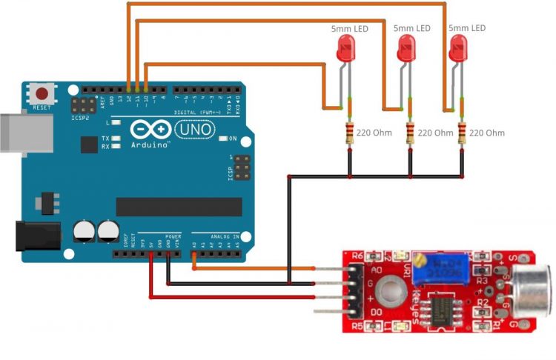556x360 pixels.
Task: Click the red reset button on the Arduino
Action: tap(43, 95)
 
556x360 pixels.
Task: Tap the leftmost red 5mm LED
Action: tap(345, 51)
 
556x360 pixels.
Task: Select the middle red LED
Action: tap(406, 51)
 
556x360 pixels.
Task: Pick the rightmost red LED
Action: tap(460, 51)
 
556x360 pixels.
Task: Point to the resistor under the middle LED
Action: tap(411, 133)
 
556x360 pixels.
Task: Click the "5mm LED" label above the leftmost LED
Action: tap(349, 28)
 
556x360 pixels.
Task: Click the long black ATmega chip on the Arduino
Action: tap(179, 207)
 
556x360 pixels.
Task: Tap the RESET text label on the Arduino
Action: tap(42, 108)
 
